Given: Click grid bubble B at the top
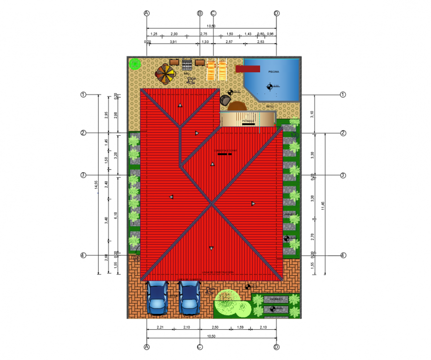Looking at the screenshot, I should (200, 13).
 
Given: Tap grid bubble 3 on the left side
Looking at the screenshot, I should (84, 175).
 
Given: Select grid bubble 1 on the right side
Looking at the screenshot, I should (343, 94).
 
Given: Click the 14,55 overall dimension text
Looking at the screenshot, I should (96, 184).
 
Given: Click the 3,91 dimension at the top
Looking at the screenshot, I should (173, 43).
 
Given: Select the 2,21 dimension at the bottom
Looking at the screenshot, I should (160, 328).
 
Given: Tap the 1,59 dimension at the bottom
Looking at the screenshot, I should (240, 328).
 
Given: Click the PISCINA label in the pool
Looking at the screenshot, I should (273, 72).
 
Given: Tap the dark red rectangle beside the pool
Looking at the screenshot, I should (247, 69).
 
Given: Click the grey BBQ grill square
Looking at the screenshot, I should (187, 65).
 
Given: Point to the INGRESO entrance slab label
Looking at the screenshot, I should (276, 300).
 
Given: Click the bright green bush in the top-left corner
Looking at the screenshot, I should (134, 63).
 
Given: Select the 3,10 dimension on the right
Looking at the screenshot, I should (312, 114).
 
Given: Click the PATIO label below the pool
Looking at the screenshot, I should (270, 106).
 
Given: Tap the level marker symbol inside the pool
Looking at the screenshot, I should (270, 87).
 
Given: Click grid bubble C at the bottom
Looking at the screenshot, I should (200, 347).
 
